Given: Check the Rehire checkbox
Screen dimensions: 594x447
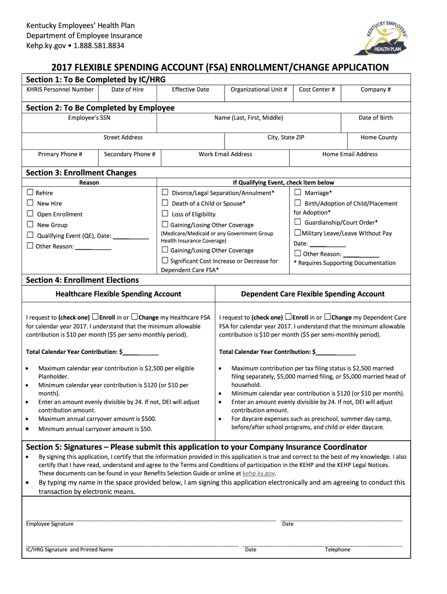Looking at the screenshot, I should point(30,192).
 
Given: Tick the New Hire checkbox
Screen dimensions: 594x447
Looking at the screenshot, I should point(30,203).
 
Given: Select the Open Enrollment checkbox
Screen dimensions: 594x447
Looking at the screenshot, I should point(30,213).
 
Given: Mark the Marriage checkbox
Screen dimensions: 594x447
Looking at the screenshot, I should point(298,192).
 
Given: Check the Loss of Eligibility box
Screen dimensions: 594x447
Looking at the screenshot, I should point(165,213).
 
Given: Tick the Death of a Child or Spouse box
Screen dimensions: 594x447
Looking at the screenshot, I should point(165,203).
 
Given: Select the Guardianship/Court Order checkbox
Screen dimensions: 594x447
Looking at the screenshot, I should point(298,222).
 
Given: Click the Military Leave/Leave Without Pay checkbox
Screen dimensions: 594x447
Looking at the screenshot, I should point(297,233).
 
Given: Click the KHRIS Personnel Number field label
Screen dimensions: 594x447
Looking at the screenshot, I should point(60,90).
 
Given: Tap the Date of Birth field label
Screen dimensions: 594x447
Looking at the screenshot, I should point(375,118).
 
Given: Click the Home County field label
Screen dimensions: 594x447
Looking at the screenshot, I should point(378,137).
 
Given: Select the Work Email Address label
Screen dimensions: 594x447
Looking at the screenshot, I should point(225,154).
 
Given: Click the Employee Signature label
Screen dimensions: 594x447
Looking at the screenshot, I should point(50,524).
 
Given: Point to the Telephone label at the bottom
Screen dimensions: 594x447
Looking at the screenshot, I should point(337,550).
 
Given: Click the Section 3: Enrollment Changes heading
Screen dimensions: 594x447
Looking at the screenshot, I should point(81,173).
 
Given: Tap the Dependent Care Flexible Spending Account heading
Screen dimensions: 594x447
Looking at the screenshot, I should point(312,294).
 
